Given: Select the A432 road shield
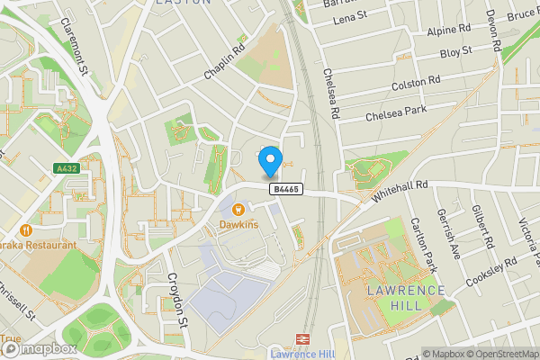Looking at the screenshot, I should point(66,167).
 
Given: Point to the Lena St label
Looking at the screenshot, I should point(351,18).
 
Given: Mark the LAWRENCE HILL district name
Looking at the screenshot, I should point(405,297).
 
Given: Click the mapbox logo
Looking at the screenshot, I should point(38,347).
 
